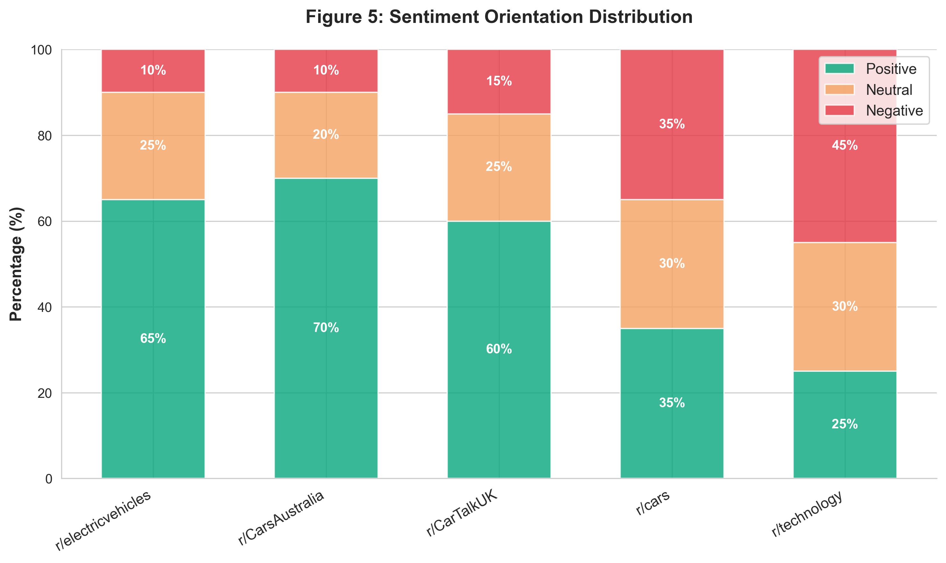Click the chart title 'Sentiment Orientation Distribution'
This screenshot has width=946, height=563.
[499, 18]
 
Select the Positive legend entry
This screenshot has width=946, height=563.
[890, 69]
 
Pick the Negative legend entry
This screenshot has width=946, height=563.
[894, 111]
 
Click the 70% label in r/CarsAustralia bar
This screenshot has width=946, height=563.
[326, 328]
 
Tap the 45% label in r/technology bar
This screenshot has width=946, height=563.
[845, 146]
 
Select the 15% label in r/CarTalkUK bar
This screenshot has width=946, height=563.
[499, 81]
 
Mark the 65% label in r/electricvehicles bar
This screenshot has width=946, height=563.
[153, 338]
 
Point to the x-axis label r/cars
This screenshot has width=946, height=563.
[653, 503]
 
